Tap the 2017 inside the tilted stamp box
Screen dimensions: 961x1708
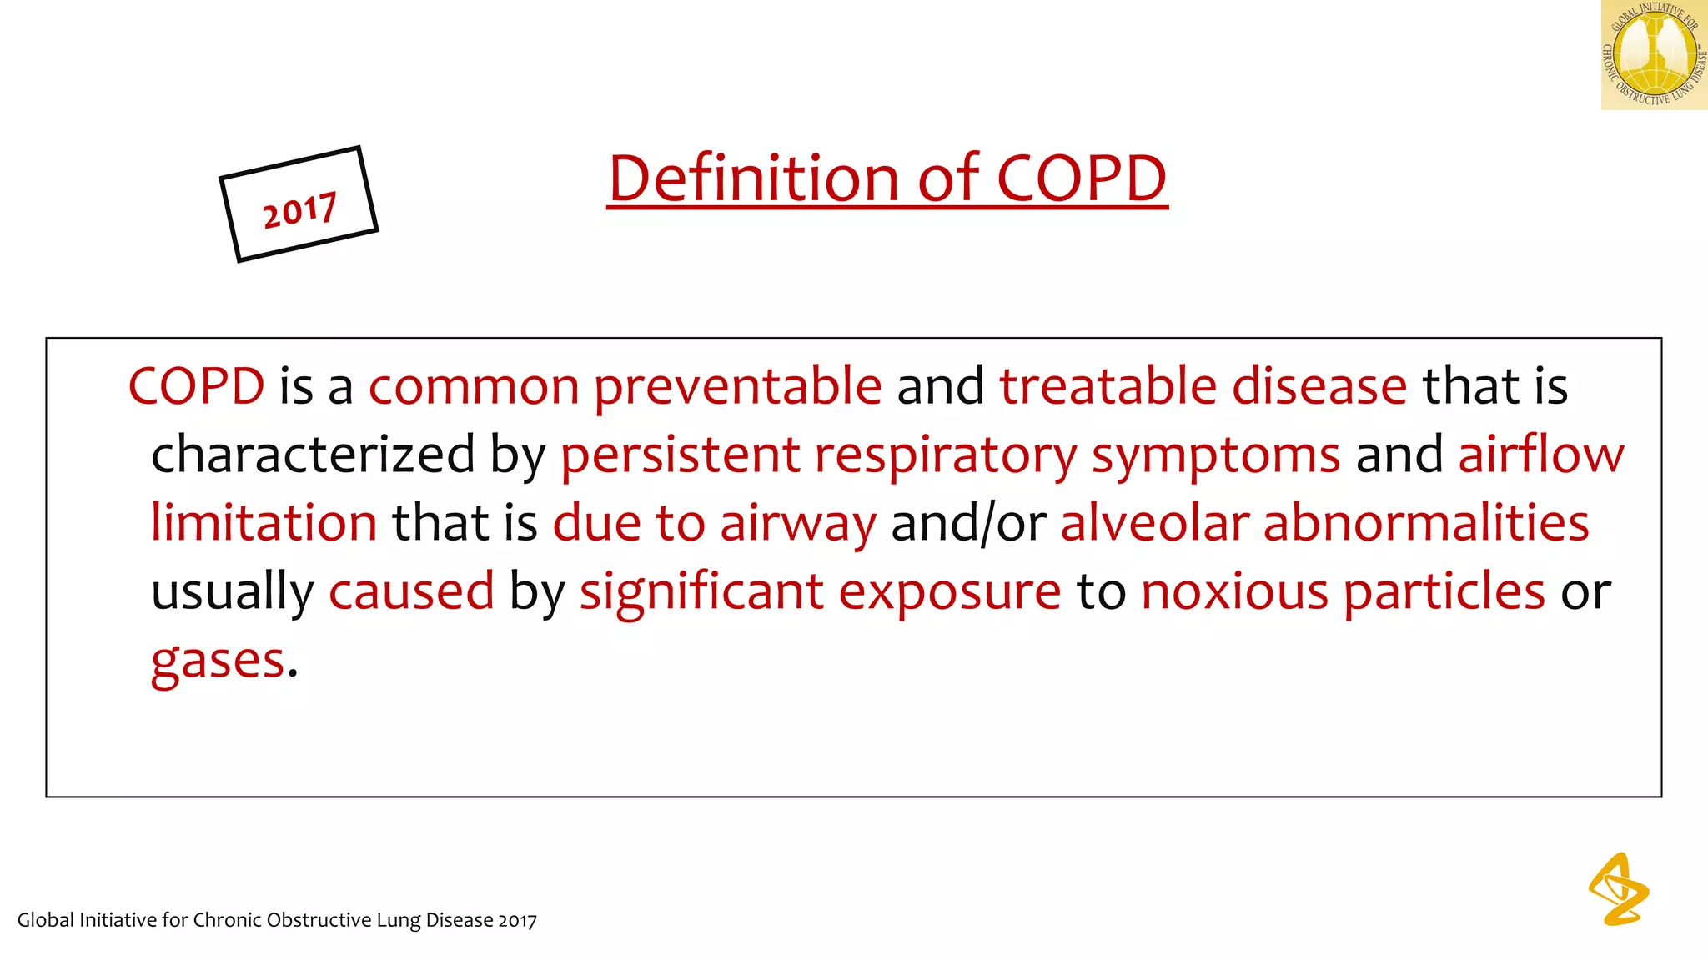[299, 209]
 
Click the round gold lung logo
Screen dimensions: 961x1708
[1654, 55]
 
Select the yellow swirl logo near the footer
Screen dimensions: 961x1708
[1618, 889]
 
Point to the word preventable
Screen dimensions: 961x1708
[737, 387]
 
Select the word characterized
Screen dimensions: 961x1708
[313, 455]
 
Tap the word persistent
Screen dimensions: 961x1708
[680, 455]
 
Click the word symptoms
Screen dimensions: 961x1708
[1216, 456]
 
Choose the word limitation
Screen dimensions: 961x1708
[264, 523]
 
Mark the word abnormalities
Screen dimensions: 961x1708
[1426, 523]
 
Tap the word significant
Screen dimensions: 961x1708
[701, 592]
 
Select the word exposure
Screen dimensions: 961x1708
[950, 592]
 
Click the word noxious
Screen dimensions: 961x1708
[1234, 591]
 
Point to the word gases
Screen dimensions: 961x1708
[218, 662]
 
